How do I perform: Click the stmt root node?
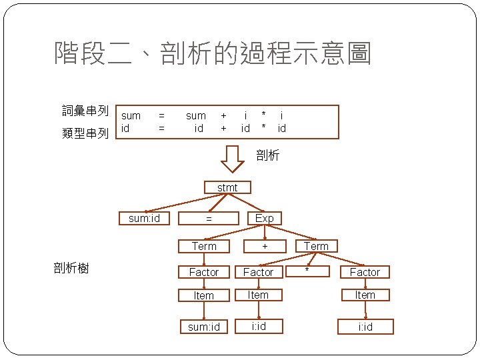(x=227, y=187)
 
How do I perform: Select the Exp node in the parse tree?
(x=264, y=218)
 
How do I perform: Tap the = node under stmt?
(x=209, y=218)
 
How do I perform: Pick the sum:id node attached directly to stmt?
(x=144, y=218)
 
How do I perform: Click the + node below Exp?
(x=264, y=246)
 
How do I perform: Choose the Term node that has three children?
(x=316, y=246)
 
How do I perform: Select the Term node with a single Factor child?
(x=204, y=246)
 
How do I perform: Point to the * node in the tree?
(x=307, y=271)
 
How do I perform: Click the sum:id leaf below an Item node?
(x=203, y=326)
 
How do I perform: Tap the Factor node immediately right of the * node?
(x=365, y=272)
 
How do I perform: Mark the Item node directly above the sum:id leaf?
(x=203, y=295)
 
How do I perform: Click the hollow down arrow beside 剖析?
(x=233, y=157)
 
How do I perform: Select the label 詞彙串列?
(x=85, y=111)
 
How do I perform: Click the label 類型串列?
(x=85, y=133)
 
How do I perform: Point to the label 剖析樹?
(x=71, y=268)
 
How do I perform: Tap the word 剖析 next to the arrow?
(x=267, y=155)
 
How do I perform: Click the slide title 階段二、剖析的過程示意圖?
(x=213, y=53)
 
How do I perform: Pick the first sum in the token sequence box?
(x=131, y=115)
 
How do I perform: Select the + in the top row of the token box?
(x=223, y=115)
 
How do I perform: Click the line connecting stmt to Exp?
(x=245, y=203)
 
